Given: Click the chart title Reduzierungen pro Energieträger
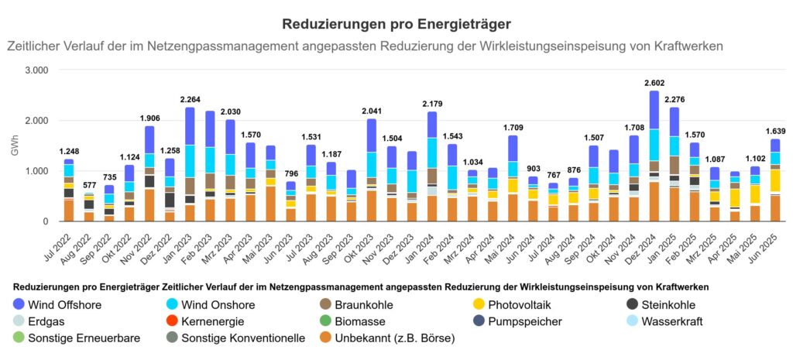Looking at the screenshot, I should [396, 26].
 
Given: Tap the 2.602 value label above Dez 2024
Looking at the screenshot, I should [654, 83].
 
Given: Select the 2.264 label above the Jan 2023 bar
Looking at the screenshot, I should [191, 99].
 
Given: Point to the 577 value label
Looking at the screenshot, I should [89, 184].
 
